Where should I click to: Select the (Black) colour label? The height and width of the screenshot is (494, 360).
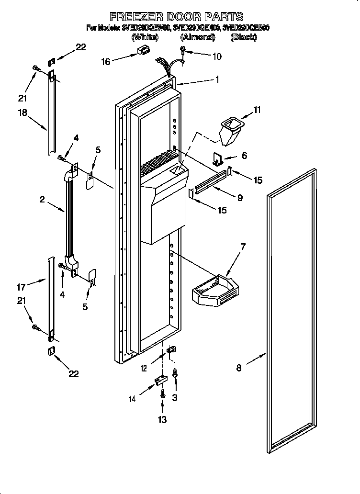[244, 37]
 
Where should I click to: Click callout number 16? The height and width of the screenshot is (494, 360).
[106, 61]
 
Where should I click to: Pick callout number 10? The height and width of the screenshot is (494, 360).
[216, 56]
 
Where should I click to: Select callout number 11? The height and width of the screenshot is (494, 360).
[257, 110]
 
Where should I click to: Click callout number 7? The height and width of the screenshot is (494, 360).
[243, 247]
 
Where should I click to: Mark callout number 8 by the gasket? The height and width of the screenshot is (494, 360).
[239, 368]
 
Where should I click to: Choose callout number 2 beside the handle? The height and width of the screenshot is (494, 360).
[42, 199]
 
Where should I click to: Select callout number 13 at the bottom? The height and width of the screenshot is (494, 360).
[162, 420]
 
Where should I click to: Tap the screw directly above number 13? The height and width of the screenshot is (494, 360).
[163, 394]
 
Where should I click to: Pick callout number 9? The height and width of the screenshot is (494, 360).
[239, 197]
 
